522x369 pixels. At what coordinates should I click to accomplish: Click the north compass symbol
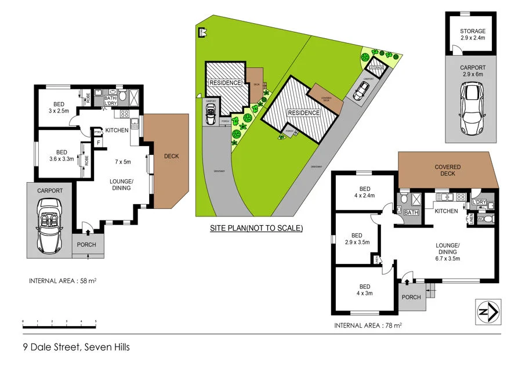[488, 312]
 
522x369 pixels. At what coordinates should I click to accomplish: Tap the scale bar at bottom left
[59, 321]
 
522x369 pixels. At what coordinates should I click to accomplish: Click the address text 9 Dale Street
[76, 348]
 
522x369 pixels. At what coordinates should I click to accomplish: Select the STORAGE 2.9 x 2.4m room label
[473, 34]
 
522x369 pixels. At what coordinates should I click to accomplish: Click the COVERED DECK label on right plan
[447, 170]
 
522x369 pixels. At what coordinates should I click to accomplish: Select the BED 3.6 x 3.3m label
[61, 154]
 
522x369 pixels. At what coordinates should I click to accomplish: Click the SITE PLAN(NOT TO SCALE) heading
[256, 228]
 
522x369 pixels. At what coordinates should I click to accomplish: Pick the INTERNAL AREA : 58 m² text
[63, 281]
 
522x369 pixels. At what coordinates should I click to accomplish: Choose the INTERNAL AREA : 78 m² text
[368, 325]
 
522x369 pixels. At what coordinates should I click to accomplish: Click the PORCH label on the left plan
[86, 244]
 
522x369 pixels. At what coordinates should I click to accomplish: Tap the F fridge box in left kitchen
[99, 142]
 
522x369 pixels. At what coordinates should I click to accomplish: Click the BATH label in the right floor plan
[411, 213]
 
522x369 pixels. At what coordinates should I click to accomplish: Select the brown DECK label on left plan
[171, 156]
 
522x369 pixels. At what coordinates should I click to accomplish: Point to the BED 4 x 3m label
[364, 289]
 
